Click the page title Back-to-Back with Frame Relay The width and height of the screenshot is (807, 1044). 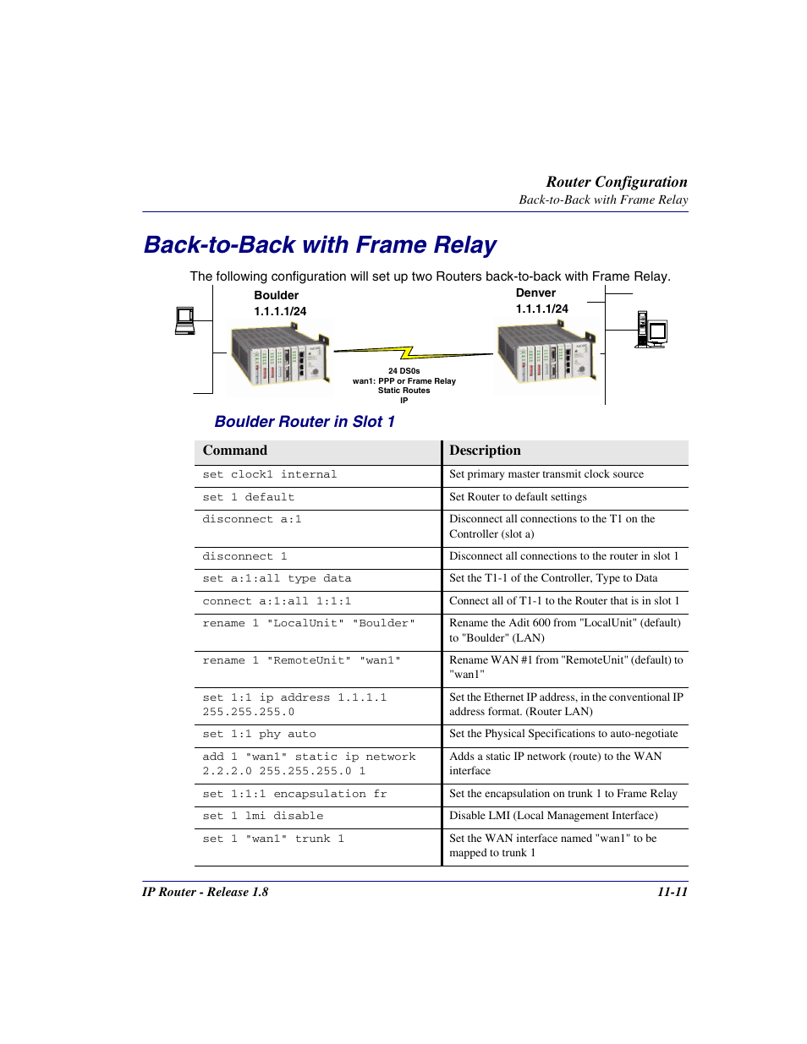tap(320, 245)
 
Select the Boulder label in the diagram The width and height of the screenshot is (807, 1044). tap(276, 295)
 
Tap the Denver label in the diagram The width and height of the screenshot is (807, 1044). tap(535, 292)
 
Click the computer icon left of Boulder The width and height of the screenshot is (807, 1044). tap(184, 320)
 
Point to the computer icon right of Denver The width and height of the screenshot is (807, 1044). tap(651, 330)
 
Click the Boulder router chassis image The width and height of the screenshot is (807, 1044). tap(280, 358)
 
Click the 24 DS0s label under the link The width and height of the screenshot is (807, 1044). tap(403, 371)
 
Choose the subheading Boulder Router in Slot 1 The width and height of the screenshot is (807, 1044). tap(305, 422)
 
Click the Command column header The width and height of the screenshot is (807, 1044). tap(234, 451)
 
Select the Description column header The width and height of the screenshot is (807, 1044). tap(485, 451)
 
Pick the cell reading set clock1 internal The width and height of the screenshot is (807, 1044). tap(269, 475)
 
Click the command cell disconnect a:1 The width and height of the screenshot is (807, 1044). tap(251, 520)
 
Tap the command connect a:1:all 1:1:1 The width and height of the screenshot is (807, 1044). tap(277, 602)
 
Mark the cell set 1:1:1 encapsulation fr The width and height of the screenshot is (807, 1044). tap(294, 795)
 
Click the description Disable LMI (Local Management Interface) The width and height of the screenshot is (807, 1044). tap(553, 816)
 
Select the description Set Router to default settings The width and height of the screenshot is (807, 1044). tap(518, 497)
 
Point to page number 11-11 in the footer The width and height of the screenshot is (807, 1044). tap(672, 892)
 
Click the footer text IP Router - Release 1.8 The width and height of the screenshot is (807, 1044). tap(205, 892)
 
